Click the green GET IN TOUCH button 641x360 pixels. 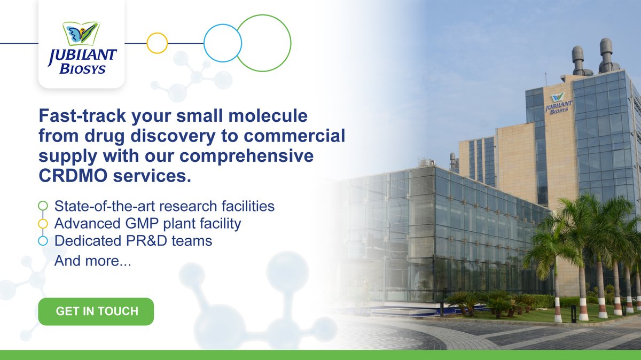[96, 311]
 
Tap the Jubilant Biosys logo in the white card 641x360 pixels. [82, 49]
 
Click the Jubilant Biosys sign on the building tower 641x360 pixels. [558, 103]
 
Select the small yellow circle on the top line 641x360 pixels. [157, 43]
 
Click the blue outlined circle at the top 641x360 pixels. [223, 43]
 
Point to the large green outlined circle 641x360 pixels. [264, 43]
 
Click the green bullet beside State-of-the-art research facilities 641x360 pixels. [43, 206]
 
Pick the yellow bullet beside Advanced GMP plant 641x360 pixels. [43, 223]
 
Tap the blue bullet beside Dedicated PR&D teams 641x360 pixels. [43, 241]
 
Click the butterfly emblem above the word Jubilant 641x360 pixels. [82, 34]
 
